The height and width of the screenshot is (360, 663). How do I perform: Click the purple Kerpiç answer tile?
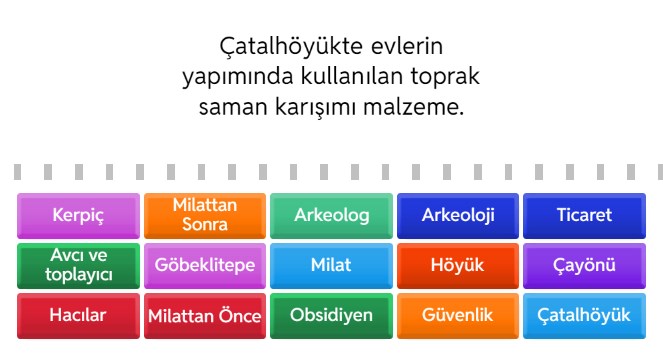click(78, 215)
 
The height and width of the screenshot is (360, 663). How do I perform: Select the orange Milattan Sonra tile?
click(205, 215)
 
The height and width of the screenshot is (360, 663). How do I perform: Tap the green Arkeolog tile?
click(331, 215)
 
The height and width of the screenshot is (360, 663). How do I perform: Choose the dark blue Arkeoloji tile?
click(458, 215)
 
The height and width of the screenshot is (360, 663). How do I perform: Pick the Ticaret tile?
click(584, 215)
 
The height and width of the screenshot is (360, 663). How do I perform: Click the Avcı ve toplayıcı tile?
click(78, 265)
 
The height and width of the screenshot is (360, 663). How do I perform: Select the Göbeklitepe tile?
click(205, 265)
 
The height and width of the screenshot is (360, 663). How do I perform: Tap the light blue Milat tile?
click(331, 265)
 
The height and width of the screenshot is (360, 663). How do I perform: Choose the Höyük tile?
click(458, 265)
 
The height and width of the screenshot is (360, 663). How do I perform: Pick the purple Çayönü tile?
click(584, 265)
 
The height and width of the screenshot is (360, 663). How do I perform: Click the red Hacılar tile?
click(78, 315)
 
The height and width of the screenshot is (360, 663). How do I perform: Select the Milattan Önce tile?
click(205, 316)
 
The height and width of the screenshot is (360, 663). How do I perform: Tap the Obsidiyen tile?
click(331, 315)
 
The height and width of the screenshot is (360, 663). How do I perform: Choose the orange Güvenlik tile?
click(458, 315)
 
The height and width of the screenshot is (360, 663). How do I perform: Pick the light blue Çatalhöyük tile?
click(584, 315)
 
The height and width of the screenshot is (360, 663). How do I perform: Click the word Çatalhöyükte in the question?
click(279, 47)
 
